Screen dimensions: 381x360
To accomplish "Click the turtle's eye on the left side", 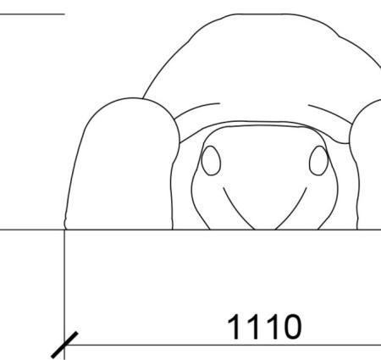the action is pos(211,160).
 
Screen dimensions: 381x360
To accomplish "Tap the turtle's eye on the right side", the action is pos(318,160).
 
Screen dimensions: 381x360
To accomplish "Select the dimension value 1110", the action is pos(264,327).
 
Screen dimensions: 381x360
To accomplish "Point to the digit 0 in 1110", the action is pos(293,327).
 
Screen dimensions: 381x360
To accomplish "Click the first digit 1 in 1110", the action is pos(235,327).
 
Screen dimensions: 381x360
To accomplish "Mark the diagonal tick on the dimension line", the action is pos(64,345).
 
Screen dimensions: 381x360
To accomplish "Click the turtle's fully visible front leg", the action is pos(121,163).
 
